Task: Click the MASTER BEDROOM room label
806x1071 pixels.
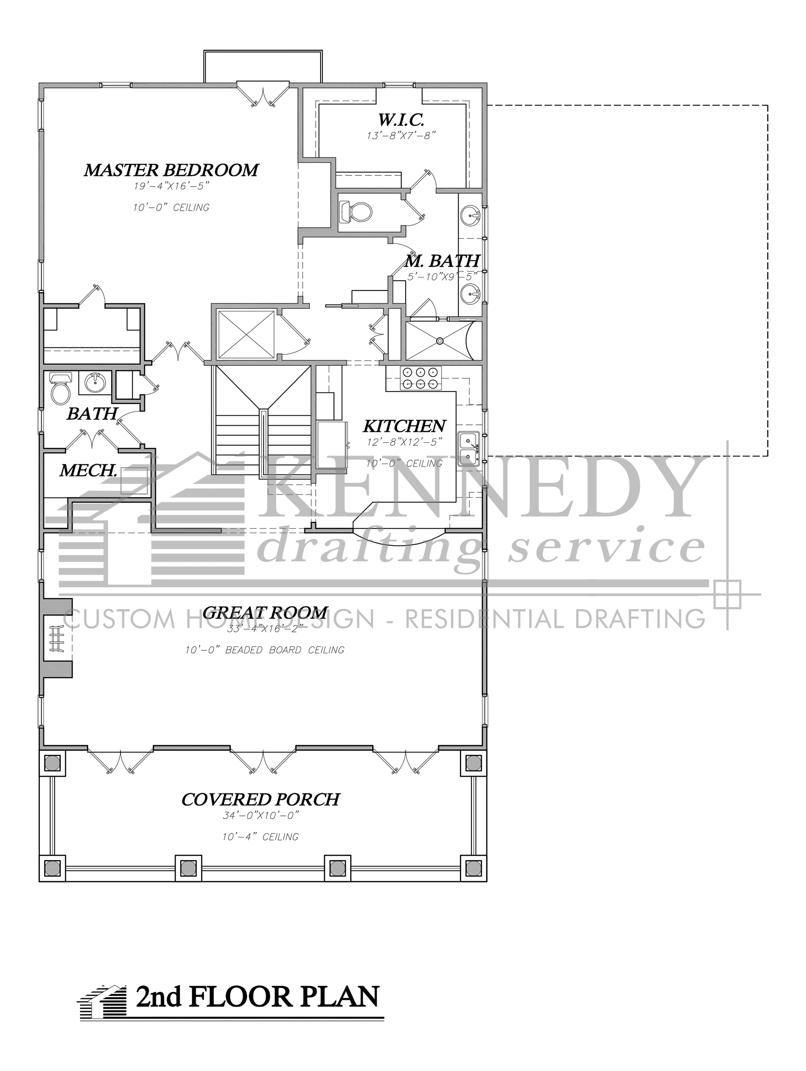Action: tap(171, 170)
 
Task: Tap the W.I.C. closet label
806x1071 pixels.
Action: tap(401, 119)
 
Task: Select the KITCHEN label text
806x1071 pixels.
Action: tap(404, 426)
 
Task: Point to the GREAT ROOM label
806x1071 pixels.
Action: tap(265, 613)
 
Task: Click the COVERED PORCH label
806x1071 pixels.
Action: tap(261, 799)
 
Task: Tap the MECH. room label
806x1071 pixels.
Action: tap(88, 470)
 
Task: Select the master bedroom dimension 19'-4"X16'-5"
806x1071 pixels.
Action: tap(171, 186)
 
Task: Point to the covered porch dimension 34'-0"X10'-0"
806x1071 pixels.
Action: tap(261, 816)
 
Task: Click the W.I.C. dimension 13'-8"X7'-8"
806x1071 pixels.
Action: tap(402, 135)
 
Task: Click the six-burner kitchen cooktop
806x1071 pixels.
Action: tap(419, 378)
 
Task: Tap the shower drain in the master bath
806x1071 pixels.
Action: tap(439, 341)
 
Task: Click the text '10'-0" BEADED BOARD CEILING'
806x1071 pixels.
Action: tap(265, 650)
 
